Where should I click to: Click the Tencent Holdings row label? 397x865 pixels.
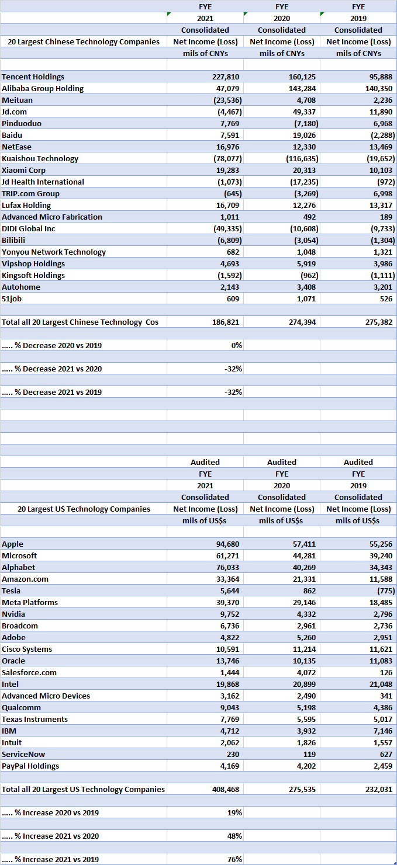[33, 77]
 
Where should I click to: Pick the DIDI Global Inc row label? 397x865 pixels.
[29, 228]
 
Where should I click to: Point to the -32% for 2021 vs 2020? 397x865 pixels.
[233, 369]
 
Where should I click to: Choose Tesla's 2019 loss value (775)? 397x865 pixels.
[384, 590]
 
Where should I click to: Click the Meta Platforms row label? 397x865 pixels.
[30, 602]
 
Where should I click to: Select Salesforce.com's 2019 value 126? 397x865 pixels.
[386, 672]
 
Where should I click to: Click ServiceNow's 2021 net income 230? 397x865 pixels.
[232, 754]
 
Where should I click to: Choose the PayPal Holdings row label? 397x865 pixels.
[30, 766]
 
